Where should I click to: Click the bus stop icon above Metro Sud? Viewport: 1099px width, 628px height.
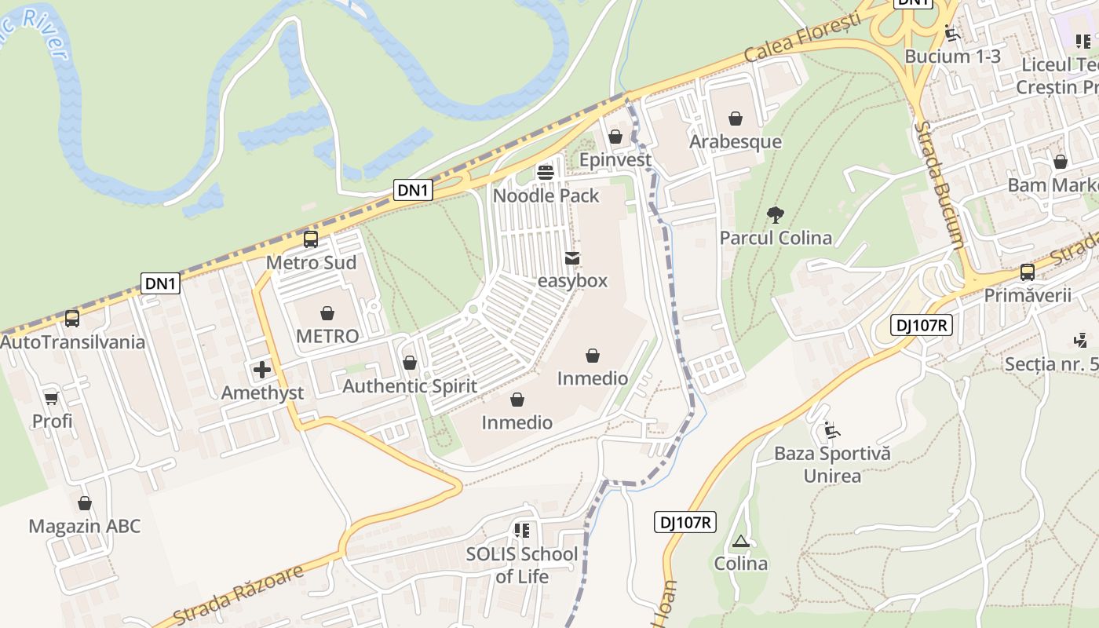click(x=311, y=239)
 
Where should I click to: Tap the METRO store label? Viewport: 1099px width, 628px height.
click(x=327, y=336)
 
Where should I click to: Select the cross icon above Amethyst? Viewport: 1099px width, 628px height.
click(x=262, y=370)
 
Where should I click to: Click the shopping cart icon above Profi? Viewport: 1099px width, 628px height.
click(x=52, y=399)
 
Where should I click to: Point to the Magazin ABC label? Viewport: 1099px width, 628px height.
click(x=85, y=526)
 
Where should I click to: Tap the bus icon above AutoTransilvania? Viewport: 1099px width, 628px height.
click(x=72, y=319)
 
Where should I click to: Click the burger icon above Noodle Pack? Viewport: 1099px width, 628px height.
click(x=546, y=173)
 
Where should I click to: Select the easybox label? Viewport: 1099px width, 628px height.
click(x=573, y=280)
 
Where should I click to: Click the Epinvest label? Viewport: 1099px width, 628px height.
click(x=615, y=160)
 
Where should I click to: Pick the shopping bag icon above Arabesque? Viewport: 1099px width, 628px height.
click(x=736, y=119)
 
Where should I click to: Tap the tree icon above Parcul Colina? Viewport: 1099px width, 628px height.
click(x=776, y=215)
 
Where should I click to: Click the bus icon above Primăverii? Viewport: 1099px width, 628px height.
click(x=1028, y=272)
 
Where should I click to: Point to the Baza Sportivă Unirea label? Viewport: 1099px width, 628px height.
click(x=832, y=465)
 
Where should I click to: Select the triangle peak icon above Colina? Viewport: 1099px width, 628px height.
click(x=740, y=542)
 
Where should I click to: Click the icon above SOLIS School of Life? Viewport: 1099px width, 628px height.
click(x=522, y=531)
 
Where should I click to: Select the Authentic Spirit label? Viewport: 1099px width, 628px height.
click(x=410, y=386)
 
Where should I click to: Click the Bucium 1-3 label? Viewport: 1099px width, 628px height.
click(x=953, y=57)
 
